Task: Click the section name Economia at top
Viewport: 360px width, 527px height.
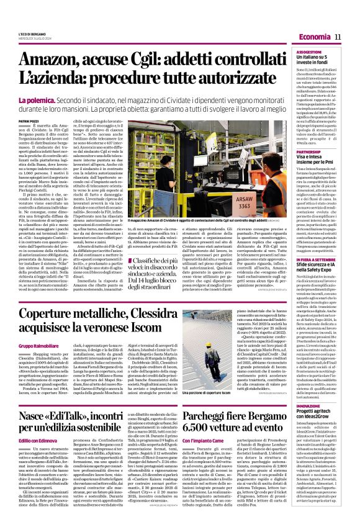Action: tap(314, 38)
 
